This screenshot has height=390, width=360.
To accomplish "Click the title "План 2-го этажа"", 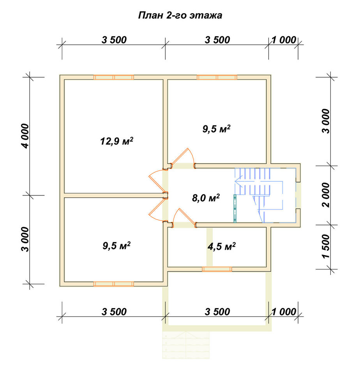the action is pos(180,16).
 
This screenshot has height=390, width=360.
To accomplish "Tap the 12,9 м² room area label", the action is pos(116,141).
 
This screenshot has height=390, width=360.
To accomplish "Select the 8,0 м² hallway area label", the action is pos(206,198).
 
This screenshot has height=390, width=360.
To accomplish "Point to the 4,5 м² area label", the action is pos(221,246).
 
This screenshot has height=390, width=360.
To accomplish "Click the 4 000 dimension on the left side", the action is pos(26,136).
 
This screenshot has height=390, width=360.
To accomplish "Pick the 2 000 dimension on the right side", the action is pos(326,195).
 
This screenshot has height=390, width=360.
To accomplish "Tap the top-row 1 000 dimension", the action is pos(284,40).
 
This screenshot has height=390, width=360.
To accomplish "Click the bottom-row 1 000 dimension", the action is pos(284,311).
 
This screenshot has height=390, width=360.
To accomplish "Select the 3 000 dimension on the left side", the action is pos(26,239).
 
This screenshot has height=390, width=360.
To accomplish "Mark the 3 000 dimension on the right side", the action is pos(326,121).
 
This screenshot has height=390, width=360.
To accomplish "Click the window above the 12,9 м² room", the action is pos(113,77).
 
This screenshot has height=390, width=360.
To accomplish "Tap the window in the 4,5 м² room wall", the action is pos(217,269).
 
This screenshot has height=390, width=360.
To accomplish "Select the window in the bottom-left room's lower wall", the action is pos(113,284).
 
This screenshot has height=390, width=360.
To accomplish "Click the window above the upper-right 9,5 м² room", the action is pos(217,77).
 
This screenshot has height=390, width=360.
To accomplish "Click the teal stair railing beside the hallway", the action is pos(235,208).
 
